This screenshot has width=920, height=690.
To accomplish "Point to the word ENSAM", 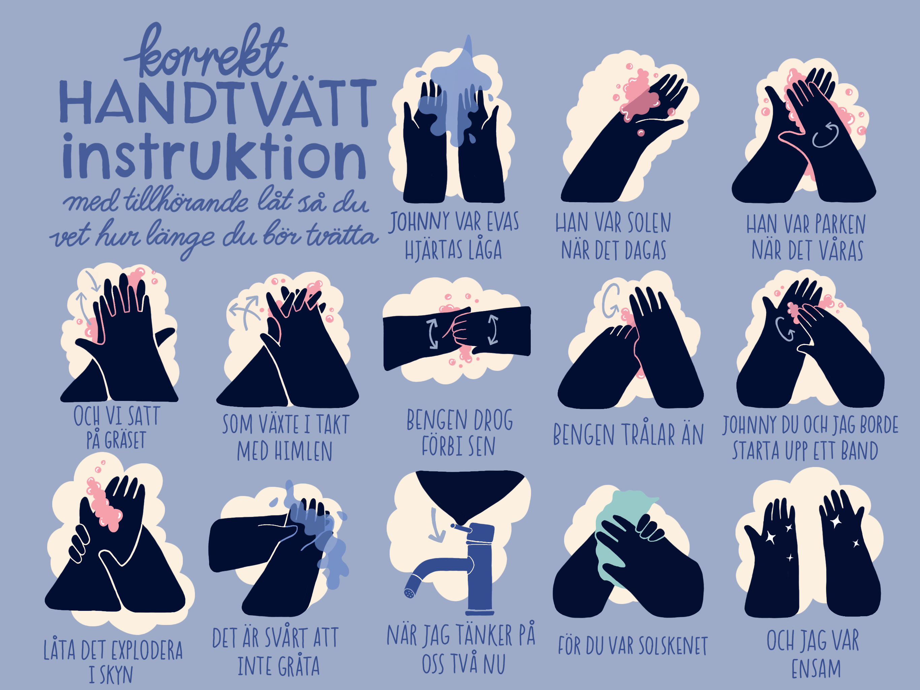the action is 816,669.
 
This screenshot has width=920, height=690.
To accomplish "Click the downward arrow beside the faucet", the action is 435,525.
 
